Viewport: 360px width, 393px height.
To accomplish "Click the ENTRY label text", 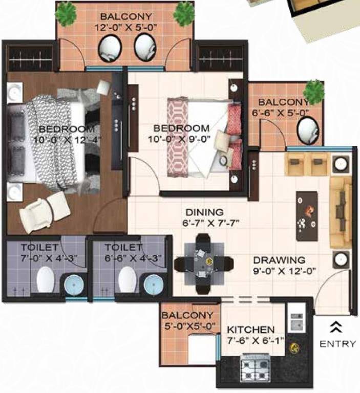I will coord(337,344).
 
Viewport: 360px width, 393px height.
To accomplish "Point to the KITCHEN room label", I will coord(251,330).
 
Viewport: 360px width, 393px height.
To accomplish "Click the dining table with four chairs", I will coord(203,263).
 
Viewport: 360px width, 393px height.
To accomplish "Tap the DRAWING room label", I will coord(279,260).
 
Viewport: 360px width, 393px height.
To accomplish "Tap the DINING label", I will coord(205,212).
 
